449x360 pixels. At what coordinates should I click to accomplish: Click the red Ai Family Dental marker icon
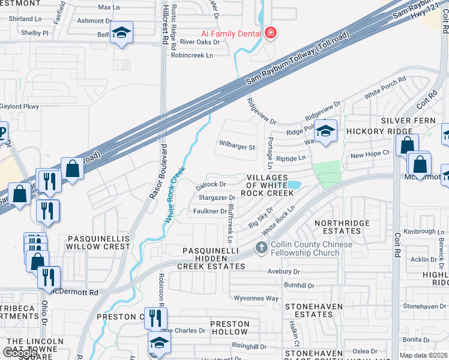tap(271, 32)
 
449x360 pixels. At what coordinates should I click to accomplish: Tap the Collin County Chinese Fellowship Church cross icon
tap(262, 247)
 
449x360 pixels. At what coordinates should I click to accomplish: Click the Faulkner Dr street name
tap(209, 211)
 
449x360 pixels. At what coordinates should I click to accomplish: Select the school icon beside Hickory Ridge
tap(325, 131)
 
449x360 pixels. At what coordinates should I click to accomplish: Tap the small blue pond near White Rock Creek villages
tap(294, 185)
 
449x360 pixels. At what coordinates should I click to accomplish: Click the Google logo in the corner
tap(20, 353)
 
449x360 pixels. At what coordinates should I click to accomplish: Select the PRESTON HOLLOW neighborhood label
tap(229, 328)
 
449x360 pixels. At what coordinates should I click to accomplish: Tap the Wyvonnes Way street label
tap(256, 298)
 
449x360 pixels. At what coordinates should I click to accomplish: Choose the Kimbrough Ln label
tap(423, 232)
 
